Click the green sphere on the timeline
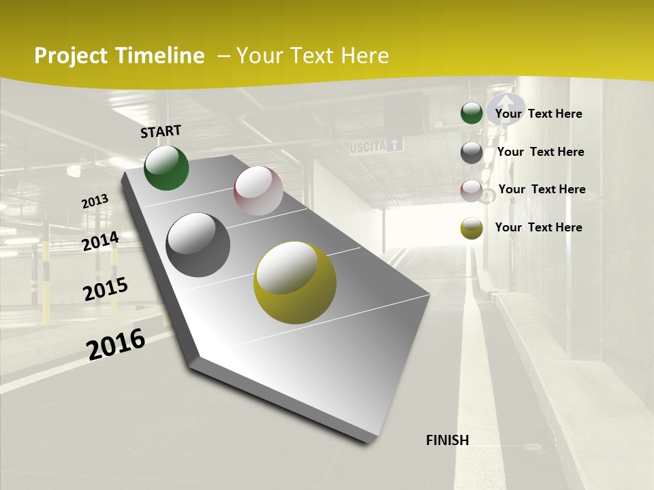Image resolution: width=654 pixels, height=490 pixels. click(166, 168)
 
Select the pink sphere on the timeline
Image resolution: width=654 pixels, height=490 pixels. click(258, 191)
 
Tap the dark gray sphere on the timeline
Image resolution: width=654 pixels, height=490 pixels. click(198, 245)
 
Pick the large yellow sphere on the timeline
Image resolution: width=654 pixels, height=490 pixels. click(295, 282)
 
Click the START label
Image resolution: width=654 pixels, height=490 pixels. click(161, 131)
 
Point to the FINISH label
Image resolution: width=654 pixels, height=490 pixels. click(448, 440)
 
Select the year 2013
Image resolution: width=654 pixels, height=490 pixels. click(95, 201)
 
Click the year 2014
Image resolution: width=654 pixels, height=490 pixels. click(100, 241)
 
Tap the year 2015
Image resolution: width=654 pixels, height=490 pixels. click(106, 289)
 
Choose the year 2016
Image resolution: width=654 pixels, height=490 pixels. click(116, 344)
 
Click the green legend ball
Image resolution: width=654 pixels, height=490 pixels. click(471, 114)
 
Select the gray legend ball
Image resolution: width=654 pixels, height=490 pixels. click(471, 152)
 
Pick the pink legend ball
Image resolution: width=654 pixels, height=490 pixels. click(471, 191)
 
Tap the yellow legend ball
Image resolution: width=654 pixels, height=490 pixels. click(471, 228)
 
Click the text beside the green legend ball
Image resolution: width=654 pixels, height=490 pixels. click(538, 114)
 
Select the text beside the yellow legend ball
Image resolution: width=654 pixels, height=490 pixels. click(538, 227)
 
